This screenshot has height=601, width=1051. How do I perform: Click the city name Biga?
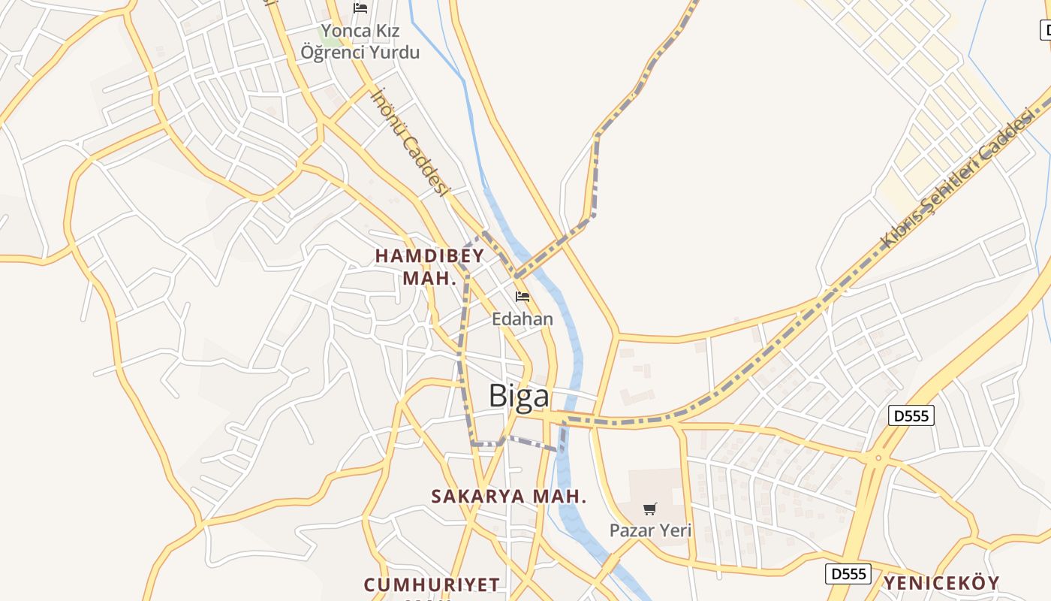click(x=519, y=396)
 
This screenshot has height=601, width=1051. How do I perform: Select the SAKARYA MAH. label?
click(x=508, y=497)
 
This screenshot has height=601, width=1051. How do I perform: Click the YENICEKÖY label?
click(x=941, y=584)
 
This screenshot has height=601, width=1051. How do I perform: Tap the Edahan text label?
click(x=522, y=319)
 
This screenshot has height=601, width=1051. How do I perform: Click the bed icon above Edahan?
click(x=522, y=297)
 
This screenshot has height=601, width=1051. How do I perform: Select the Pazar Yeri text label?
click(x=650, y=530)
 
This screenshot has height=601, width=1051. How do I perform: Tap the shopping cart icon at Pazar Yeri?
click(x=650, y=509)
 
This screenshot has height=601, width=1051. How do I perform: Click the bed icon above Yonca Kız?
click(x=360, y=8)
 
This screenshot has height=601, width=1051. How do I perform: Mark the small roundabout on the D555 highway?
click(x=878, y=458)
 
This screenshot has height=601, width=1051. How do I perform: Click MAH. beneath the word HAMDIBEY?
click(x=429, y=278)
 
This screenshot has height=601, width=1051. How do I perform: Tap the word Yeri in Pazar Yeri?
click(x=675, y=530)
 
